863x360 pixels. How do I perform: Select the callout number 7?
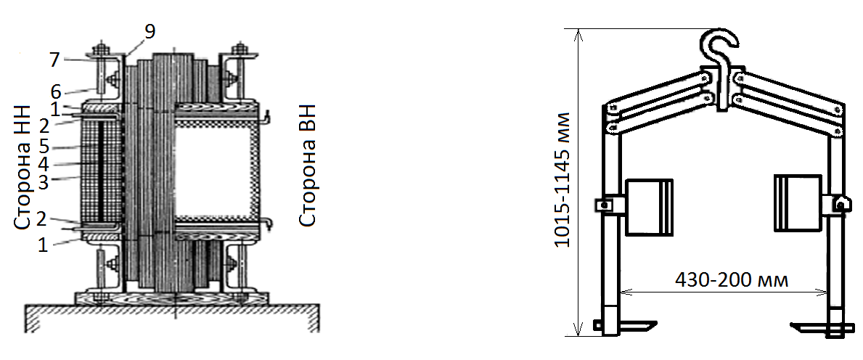tap(54, 60)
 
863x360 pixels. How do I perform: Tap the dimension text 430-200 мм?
tap(732, 280)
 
